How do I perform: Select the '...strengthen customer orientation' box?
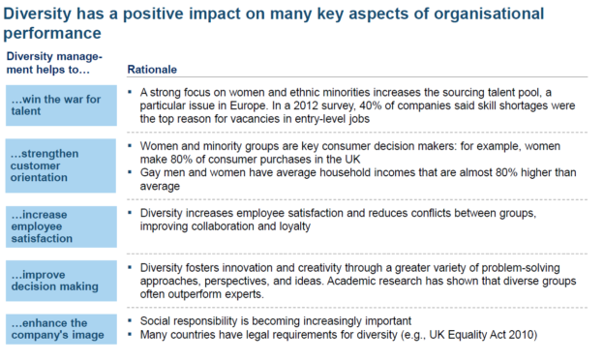[x=59, y=165]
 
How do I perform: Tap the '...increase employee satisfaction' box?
[x=59, y=224]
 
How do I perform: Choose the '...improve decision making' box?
[x=59, y=275]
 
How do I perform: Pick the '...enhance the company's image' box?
[x=59, y=326]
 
